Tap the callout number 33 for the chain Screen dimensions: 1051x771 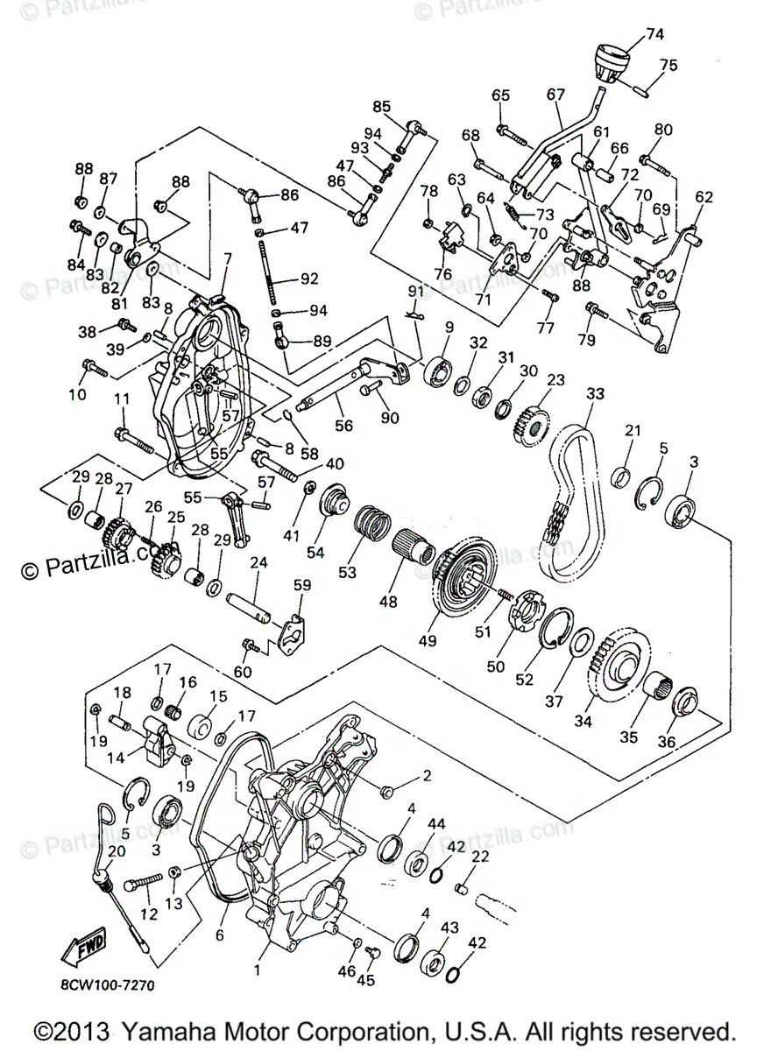pyautogui.click(x=595, y=395)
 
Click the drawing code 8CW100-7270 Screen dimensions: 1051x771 pyautogui.click(x=109, y=985)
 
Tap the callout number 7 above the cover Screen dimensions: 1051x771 pyautogui.click(x=227, y=259)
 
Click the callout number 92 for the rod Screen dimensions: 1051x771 pyautogui.click(x=308, y=279)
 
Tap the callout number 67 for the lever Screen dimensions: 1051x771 pyautogui.click(x=555, y=95)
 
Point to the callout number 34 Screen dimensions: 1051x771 pyautogui.click(x=581, y=722)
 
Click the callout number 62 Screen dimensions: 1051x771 pyautogui.click(x=705, y=198)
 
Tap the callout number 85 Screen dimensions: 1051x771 pyautogui.click(x=382, y=107)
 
